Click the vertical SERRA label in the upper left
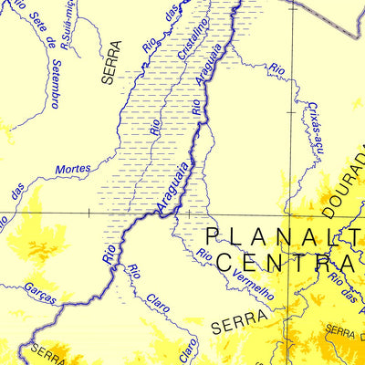(x=111, y=62)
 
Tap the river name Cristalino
(x=193, y=39)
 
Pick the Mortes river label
(x=73, y=169)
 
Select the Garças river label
(x=41, y=293)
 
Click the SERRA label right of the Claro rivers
(x=239, y=322)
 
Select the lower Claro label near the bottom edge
(x=186, y=347)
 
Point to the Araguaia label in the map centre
(x=173, y=188)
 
